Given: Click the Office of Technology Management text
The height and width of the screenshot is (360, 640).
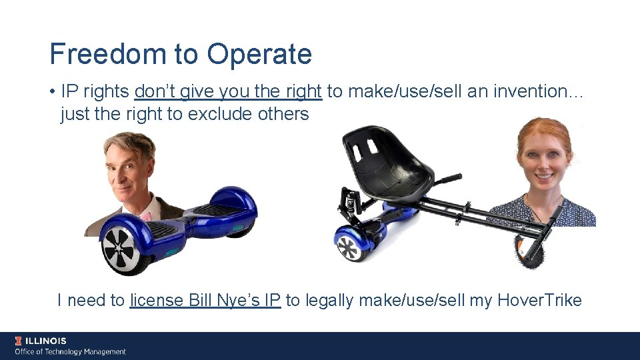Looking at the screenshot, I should (70, 352).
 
